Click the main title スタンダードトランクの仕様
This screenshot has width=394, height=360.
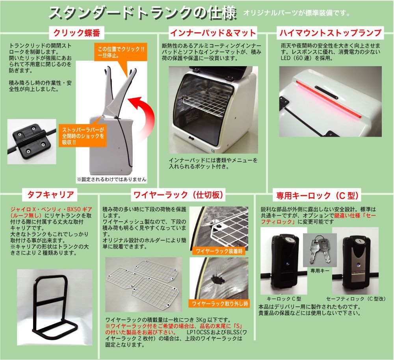(143, 13)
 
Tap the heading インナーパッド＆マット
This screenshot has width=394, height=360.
(213, 33)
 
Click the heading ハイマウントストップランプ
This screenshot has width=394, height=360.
(330, 32)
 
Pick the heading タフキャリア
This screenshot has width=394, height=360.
(50, 194)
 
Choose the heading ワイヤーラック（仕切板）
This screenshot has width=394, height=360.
(179, 195)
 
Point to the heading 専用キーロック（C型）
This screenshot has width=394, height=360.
(317, 195)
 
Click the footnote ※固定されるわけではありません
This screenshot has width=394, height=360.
(112, 179)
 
